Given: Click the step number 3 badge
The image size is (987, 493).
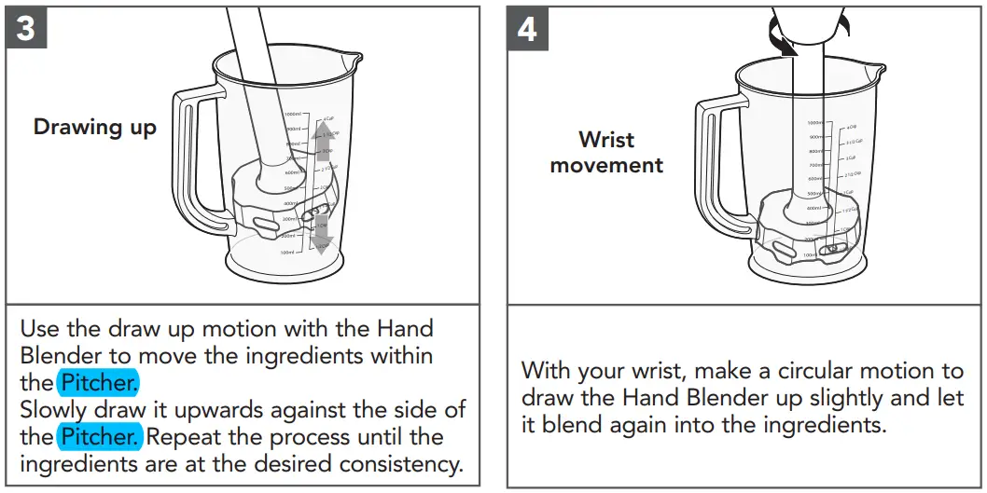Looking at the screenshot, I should [26, 28].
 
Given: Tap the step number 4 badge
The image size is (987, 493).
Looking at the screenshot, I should [527, 28].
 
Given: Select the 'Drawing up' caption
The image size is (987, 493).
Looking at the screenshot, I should [95, 127].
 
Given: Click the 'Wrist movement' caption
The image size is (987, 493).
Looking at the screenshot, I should [606, 153].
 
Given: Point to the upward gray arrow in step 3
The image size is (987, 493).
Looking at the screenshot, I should [323, 140].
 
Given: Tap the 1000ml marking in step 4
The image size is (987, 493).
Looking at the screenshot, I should [814, 123].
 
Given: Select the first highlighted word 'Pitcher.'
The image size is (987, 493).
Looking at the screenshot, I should [100, 382].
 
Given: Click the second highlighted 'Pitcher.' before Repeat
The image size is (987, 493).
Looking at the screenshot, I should [100, 436].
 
